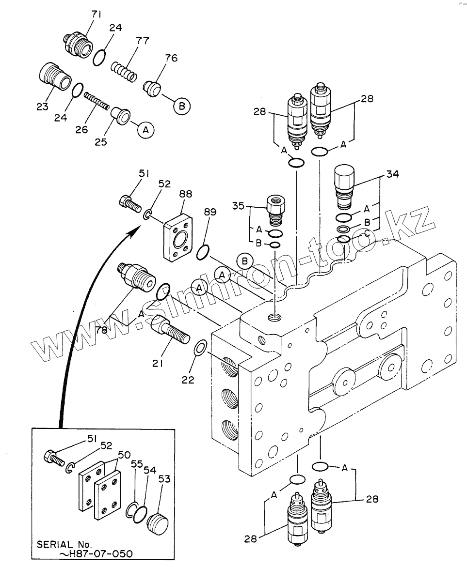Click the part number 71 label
click(96, 14)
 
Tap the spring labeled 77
click(124, 71)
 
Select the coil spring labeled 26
click(97, 101)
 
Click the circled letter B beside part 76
click(182, 107)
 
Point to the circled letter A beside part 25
click(145, 130)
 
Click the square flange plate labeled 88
click(178, 239)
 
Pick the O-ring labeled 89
click(203, 252)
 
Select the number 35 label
click(239, 206)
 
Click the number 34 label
click(392, 174)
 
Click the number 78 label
click(102, 330)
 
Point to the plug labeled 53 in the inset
click(158, 521)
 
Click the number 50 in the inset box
click(124, 455)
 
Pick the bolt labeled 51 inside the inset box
click(54, 457)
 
